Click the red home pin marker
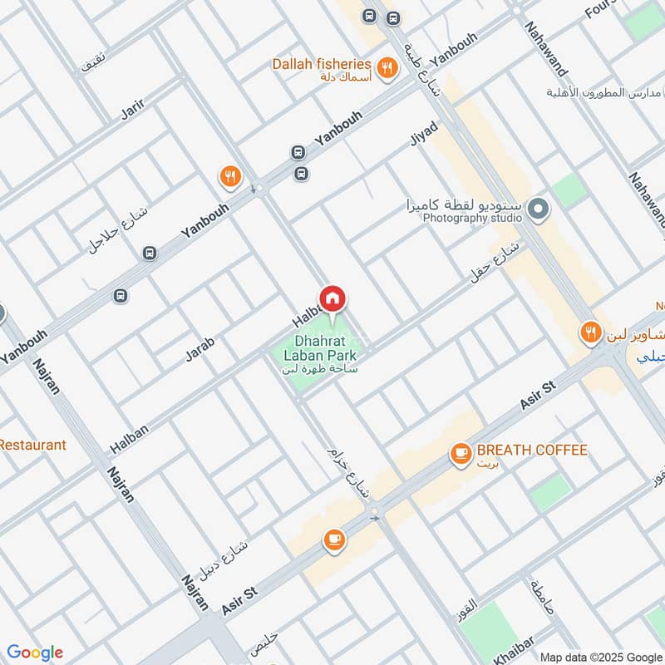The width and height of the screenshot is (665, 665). (332, 299)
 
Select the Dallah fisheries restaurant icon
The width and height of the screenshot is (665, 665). (386, 70)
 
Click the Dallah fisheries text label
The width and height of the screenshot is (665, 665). (321, 64)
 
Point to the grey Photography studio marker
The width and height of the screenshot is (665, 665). (538, 209)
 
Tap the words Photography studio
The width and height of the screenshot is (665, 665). (471, 218)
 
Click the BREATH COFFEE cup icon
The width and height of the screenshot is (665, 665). (459, 454)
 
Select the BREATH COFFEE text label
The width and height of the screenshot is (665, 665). (532, 451)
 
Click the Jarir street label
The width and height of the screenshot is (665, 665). (133, 108)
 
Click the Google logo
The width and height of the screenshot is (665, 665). (34, 652)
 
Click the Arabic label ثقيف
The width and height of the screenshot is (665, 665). (93, 62)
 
